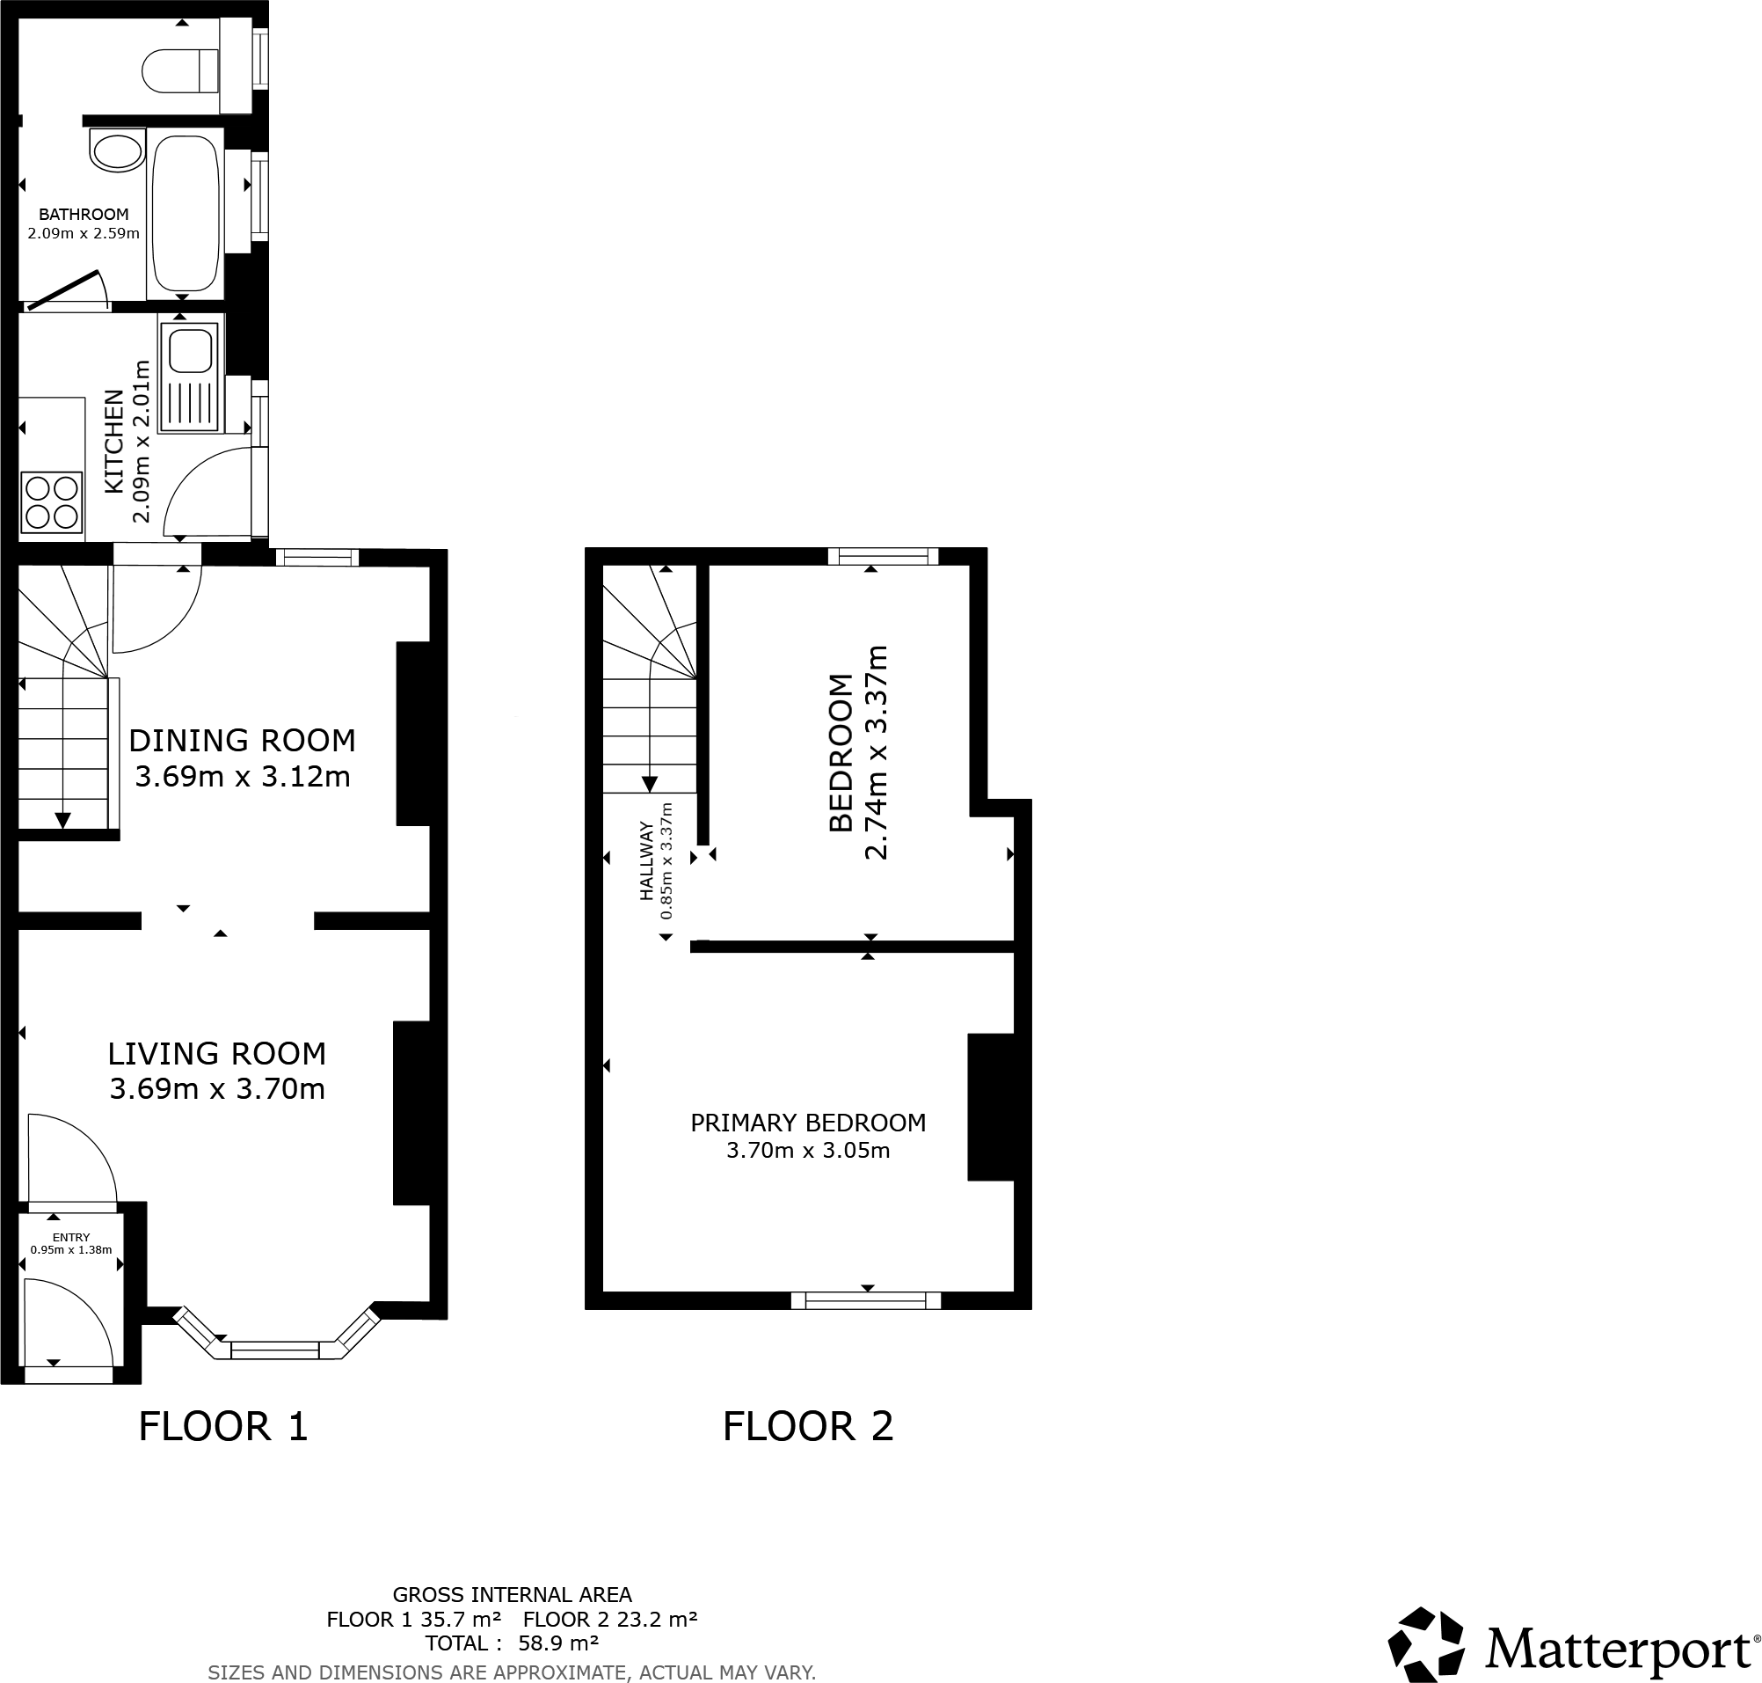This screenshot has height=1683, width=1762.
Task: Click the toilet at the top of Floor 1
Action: (x=179, y=71)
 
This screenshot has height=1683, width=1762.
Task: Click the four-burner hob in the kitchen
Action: (x=52, y=502)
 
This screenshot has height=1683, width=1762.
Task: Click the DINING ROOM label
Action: (x=242, y=740)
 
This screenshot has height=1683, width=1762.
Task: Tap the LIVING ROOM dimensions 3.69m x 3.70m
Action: (x=217, y=1089)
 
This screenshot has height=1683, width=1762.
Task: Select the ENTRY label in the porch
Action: (x=71, y=1237)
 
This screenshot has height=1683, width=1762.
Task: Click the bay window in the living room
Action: (x=275, y=1349)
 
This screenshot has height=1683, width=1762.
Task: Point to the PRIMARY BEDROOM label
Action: (x=807, y=1123)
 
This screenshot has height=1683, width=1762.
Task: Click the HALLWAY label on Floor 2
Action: (x=644, y=861)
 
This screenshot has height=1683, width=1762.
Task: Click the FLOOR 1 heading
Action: (x=223, y=1426)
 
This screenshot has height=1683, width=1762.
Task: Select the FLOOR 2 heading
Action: (x=807, y=1426)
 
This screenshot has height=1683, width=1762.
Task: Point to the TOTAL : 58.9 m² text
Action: (x=512, y=1643)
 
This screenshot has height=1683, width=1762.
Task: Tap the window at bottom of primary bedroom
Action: (x=865, y=1300)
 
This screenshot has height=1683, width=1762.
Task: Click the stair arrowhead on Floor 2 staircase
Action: (x=648, y=783)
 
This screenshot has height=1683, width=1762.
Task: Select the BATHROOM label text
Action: (x=84, y=215)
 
